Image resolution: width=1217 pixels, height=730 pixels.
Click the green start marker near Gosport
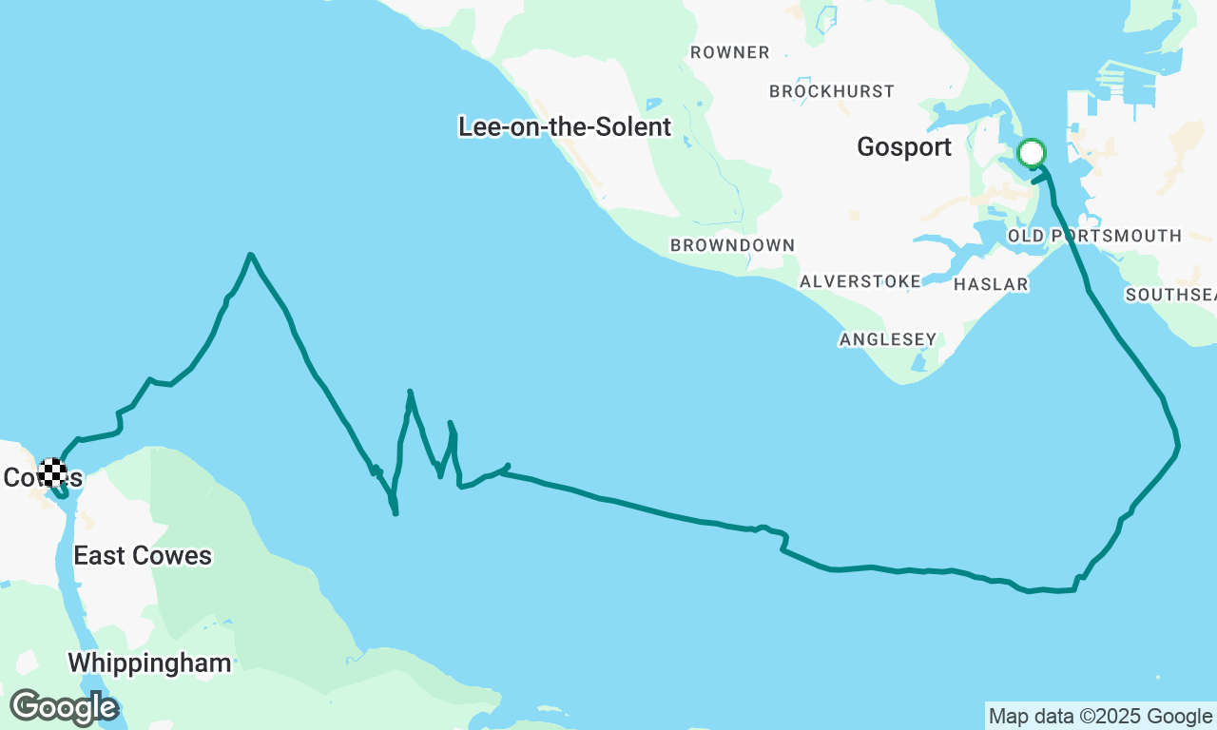tap(1032, 153)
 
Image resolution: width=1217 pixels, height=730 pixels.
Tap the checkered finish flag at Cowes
tap(53, 472)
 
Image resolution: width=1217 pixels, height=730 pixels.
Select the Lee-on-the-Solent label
tap(565, 126)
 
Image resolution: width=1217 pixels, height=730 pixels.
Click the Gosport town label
tap(904, 147)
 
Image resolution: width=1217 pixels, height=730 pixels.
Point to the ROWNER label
tap(730, 52)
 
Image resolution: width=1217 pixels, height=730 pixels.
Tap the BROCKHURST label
tap(832, 91)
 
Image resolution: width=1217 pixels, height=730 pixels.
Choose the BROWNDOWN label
tap(732, 245)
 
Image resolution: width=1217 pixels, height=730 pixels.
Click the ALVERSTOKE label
tap(860, 281)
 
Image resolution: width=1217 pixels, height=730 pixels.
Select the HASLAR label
tap(991, 284)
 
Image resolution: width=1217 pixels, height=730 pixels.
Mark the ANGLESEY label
tap(888, 339)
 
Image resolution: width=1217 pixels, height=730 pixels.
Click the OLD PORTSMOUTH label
tap(1094, 236)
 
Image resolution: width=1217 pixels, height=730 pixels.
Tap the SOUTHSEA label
tap(1169, 295)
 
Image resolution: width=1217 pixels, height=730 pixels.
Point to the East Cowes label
tap(143, 555)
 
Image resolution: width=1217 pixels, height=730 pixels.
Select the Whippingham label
tap(149, 663)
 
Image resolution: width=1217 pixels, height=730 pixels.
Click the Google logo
tap(64, 708)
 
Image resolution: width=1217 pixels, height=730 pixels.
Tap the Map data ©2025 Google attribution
tap(1100, 716)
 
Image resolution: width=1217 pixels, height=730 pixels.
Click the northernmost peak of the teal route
tap(250, 255)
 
